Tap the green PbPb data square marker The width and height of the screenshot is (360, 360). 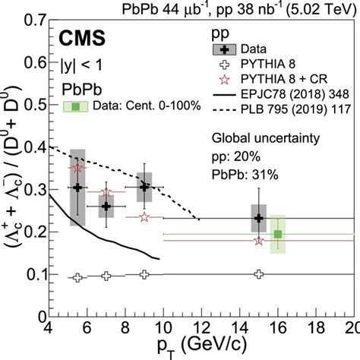(278, 234)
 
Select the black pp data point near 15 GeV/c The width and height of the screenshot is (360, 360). (259, 218)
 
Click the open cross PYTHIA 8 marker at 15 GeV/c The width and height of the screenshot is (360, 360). (259, 273)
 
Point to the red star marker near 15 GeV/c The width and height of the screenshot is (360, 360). (259, 241)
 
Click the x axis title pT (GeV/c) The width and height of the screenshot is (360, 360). (201, 347)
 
